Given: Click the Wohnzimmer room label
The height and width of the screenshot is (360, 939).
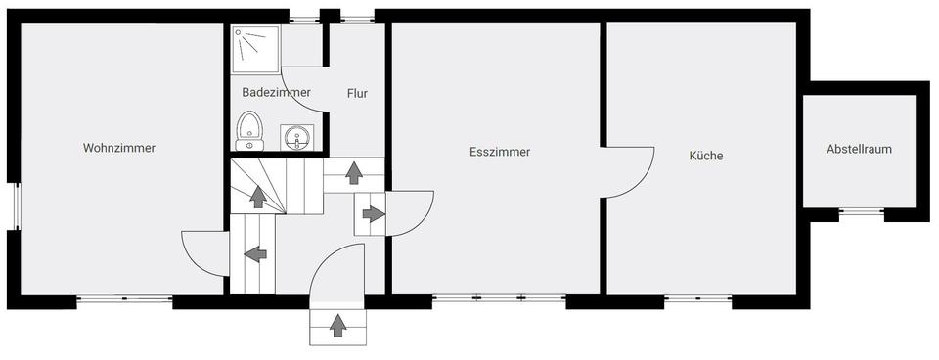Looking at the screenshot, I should click(x=119, y=149).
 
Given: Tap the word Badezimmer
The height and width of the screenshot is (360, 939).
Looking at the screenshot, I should click(x=276, y=93).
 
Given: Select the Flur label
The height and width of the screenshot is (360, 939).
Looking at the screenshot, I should click(x=357, y=94).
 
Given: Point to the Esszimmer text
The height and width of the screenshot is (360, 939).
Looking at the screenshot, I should click(x=499, y=152).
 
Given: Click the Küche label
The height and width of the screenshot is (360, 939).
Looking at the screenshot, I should click(x=705, y=156).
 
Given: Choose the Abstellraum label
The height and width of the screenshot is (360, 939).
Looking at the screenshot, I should click(x=859, y=150).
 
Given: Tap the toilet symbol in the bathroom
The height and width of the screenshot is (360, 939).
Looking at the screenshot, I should click(x=250, y=130).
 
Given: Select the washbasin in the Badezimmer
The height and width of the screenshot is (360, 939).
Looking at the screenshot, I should click(x=296, y=138).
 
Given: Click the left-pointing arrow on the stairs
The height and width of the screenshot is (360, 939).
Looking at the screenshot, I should click(x=255, y=254).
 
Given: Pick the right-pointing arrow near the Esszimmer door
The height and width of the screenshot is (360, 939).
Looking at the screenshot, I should click(x=372, y=214).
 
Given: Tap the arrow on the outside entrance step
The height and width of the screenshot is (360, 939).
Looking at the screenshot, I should click(x=338, y=326).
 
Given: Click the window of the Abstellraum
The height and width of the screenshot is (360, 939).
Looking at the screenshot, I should click(x=861, y=211).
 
